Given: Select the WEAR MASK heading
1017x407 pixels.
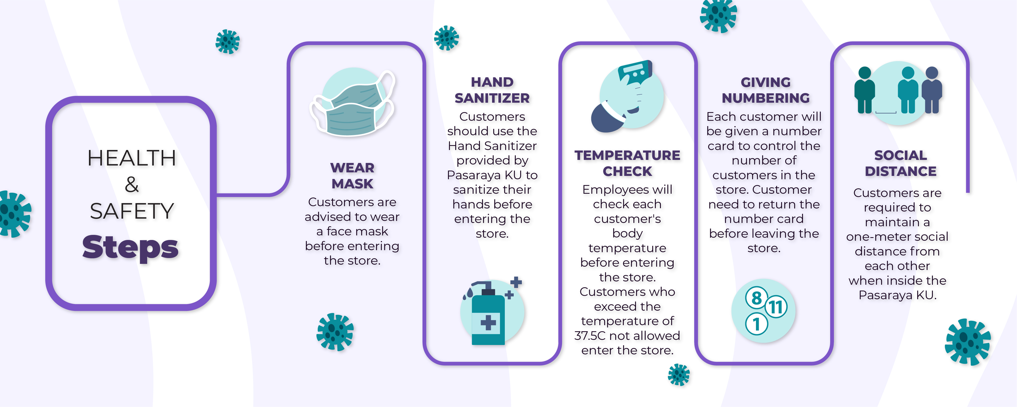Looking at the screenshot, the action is coord(352,176).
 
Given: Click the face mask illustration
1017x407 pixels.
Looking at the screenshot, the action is coord(353,103).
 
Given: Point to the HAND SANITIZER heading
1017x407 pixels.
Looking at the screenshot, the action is coord(492,90).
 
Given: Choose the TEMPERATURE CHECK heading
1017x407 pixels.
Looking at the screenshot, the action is coord(627,163).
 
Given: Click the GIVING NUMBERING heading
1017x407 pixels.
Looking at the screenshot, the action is coord(766,90).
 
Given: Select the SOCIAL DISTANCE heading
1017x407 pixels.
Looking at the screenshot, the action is coord(901,163).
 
